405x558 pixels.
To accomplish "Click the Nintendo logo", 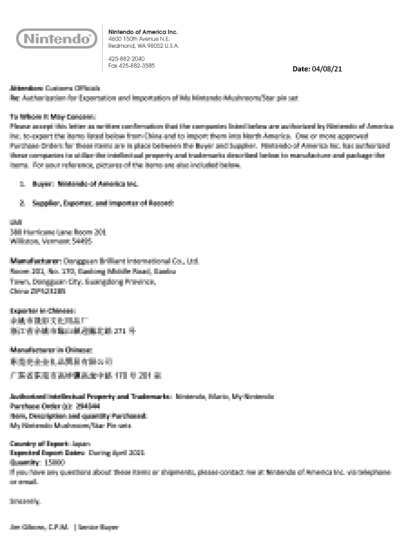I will coord(56,39).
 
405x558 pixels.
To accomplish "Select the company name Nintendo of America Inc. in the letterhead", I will coord(143,31).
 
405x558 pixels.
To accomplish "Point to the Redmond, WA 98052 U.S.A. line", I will coord(143,46).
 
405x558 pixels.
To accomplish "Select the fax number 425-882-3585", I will coord(131,65).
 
